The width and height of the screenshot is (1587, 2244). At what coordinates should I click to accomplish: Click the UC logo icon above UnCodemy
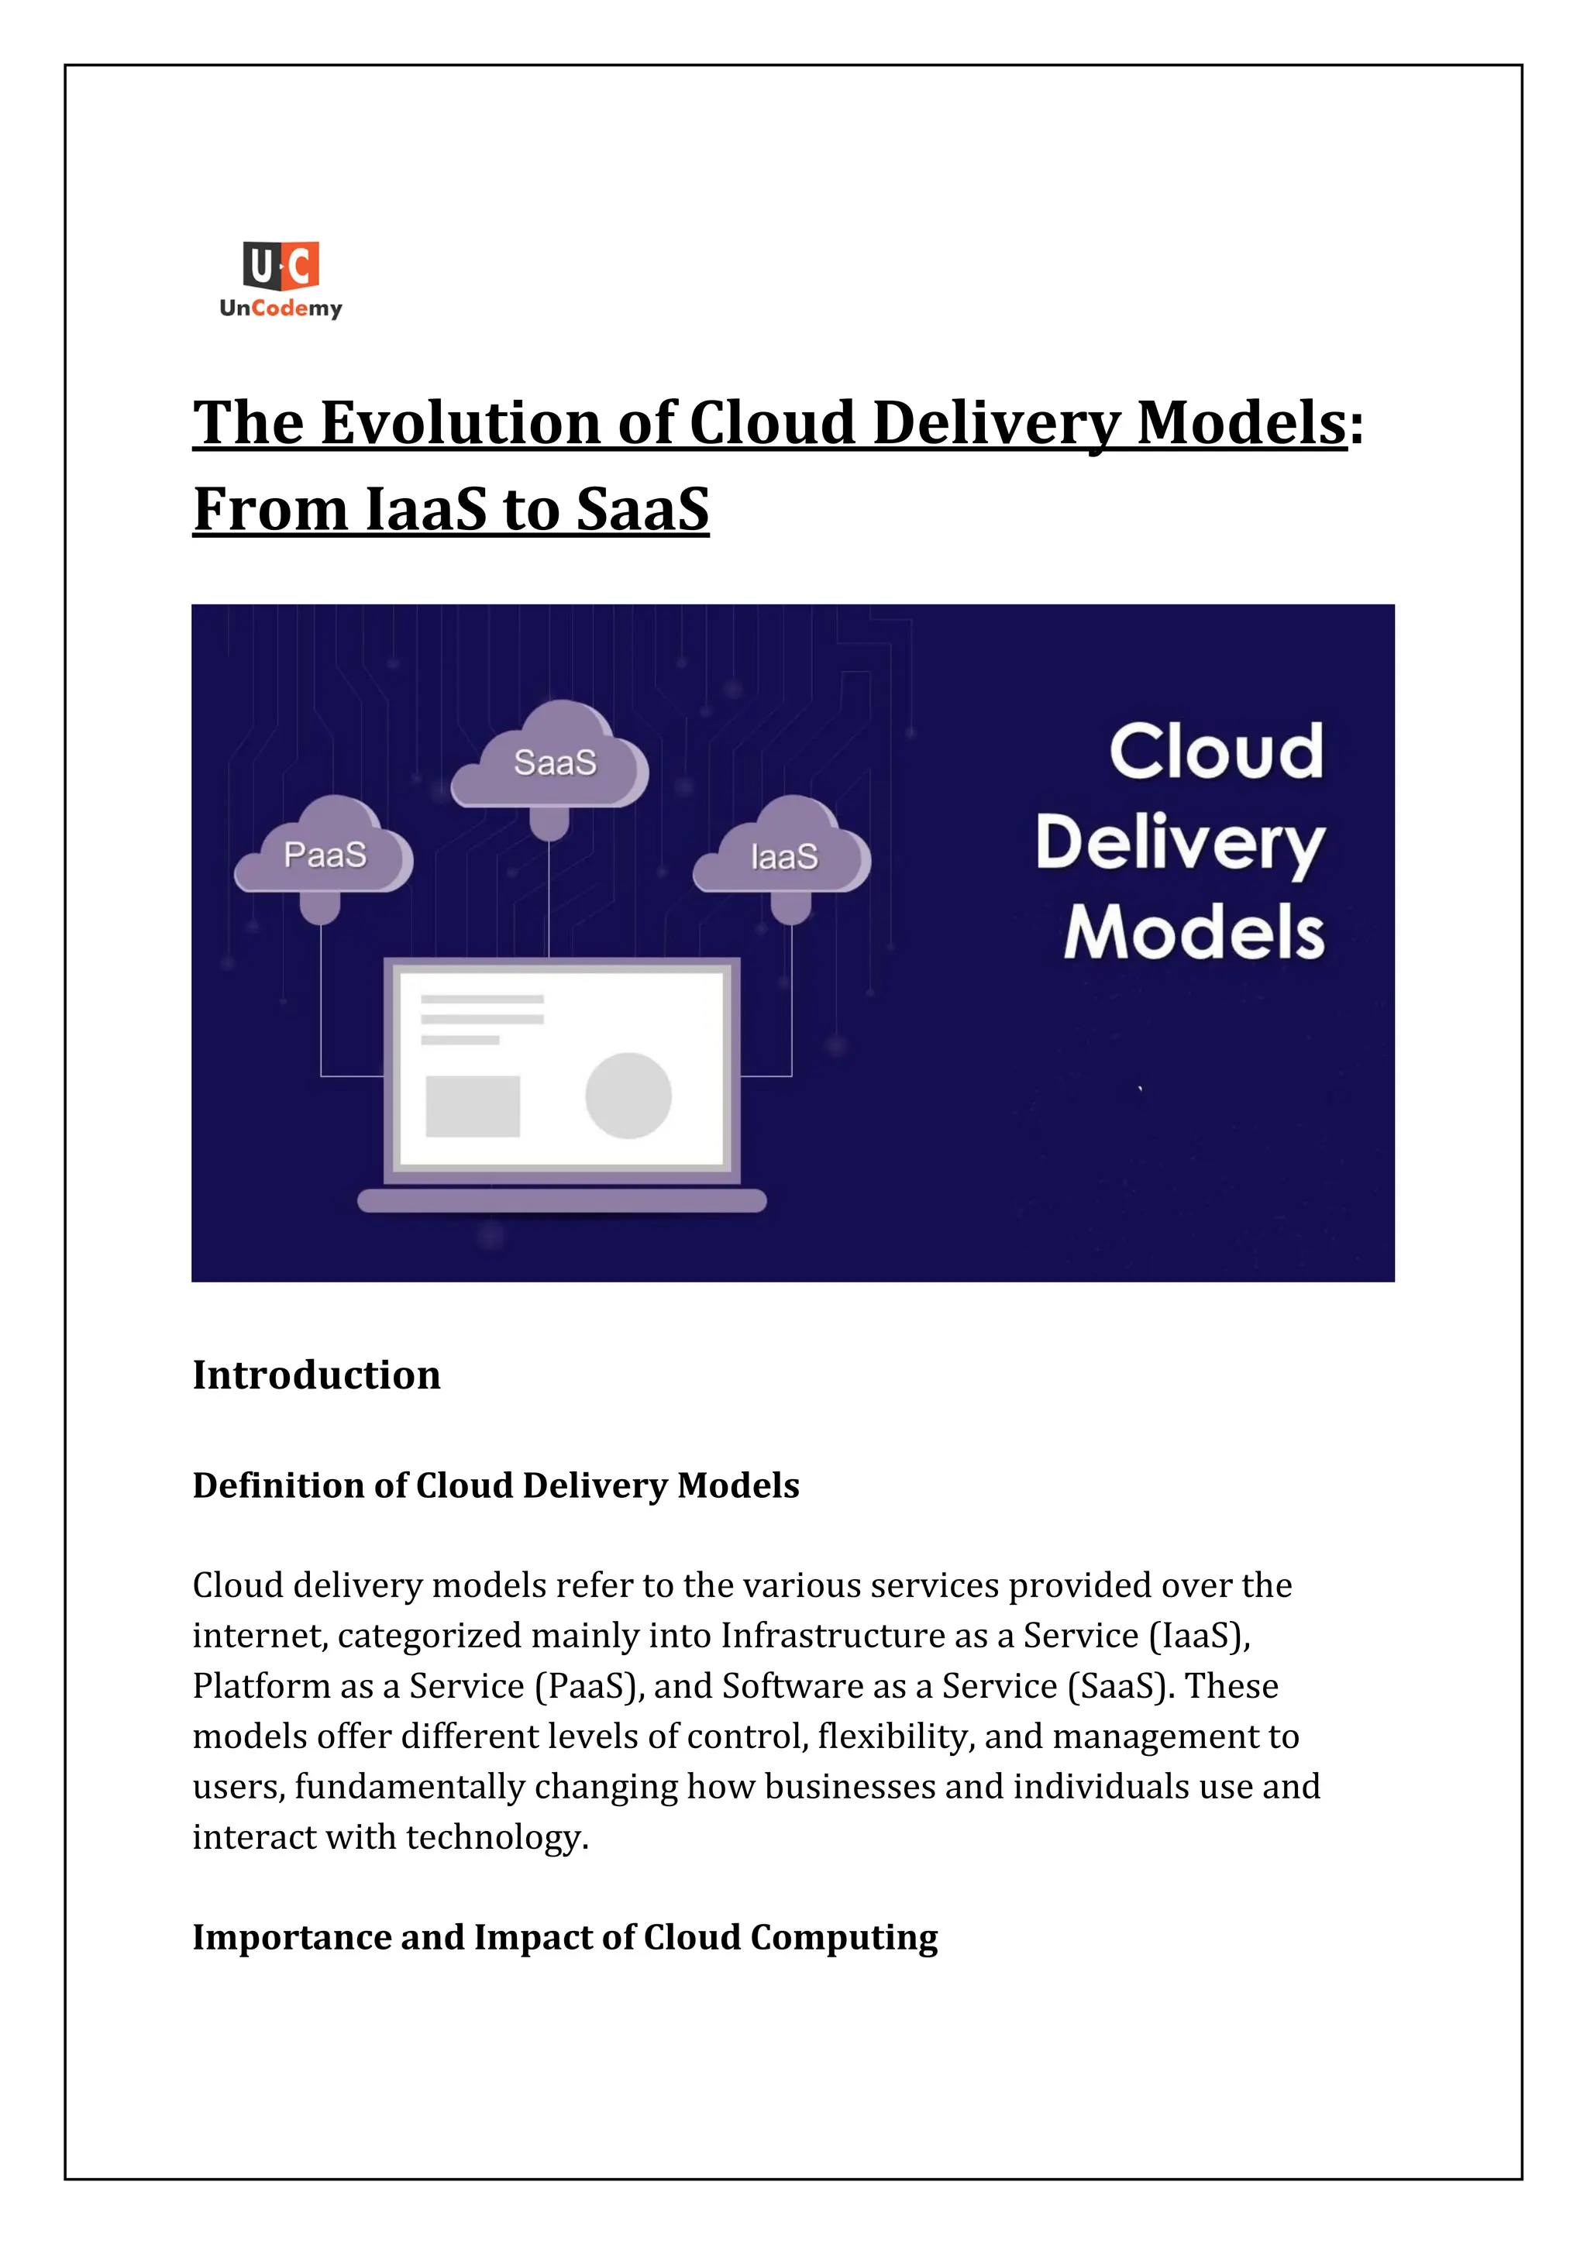(281, 266)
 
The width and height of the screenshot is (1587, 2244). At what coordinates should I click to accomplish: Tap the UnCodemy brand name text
(281, 309)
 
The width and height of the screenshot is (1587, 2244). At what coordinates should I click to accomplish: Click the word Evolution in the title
(461, 423)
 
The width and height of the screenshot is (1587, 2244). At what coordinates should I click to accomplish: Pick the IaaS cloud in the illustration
(783, 857)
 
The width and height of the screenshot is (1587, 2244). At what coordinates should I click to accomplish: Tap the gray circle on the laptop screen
(628, 1096)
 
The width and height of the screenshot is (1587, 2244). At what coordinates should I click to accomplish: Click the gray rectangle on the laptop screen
(473, 1107)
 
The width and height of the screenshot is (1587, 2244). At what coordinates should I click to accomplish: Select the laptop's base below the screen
(562, 1200)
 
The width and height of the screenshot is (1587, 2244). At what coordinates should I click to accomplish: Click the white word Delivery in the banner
(1179, 845)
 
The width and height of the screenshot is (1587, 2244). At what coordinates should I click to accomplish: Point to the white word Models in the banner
(1194, 934)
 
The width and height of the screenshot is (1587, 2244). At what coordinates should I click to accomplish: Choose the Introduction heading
(317, 1375)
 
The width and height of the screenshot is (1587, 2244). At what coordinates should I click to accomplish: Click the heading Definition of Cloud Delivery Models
(495, 1485)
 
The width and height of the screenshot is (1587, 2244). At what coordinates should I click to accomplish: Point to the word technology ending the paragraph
(497, 1837)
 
